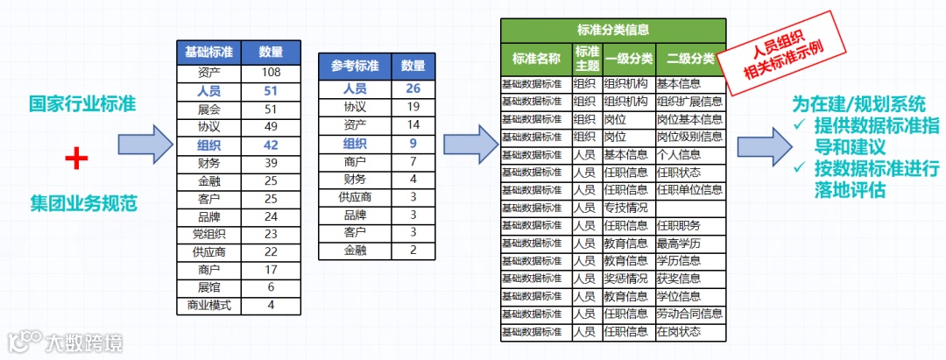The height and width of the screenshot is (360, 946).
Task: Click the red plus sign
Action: (x=78, y=159)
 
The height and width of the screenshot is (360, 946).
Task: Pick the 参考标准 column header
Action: (x=355, y=66)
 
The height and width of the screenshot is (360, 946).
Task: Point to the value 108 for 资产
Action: (x=271, y=72)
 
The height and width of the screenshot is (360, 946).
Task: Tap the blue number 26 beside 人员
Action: (x=413, y=88)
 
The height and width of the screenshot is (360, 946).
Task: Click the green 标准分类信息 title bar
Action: (x=613, y=30)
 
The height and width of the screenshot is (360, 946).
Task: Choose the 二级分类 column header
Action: (x=690, y=59)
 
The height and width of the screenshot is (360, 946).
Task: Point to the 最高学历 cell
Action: (x=679, y=243)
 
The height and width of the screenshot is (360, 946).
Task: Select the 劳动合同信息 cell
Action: (x=689, y=314)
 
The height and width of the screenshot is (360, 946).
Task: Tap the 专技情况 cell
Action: (x=625, y=208)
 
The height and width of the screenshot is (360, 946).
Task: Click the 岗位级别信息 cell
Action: (x=689, y=137)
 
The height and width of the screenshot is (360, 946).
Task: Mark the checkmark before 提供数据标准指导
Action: (x=799, y=125)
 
